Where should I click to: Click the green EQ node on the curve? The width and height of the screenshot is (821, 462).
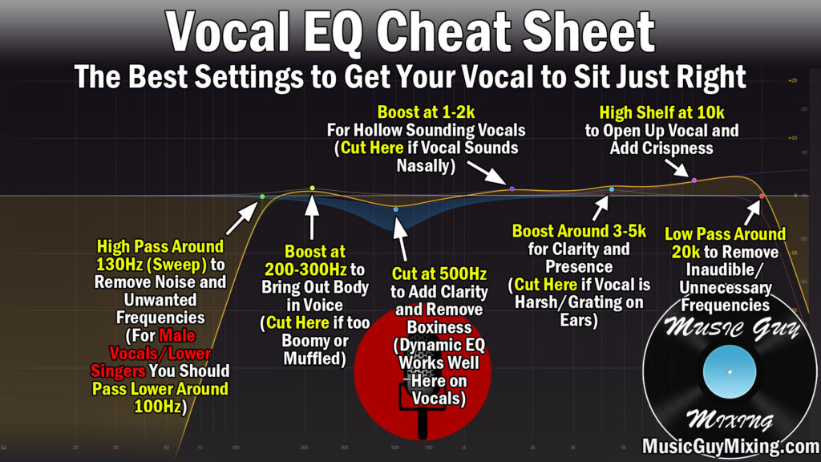pos(262,197)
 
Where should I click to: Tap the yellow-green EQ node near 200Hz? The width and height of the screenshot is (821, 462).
pos(313,188)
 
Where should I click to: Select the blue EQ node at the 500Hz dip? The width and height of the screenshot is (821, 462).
pos(395,209)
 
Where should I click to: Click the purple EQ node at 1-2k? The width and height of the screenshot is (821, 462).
pos(512,188)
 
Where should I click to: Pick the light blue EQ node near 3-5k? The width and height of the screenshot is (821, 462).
pos(612,189)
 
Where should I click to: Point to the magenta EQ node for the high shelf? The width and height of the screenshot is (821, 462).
pos(694,180)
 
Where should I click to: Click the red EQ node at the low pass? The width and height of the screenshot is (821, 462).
pos(762,196)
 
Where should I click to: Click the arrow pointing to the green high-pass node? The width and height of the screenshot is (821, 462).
pos(241,218)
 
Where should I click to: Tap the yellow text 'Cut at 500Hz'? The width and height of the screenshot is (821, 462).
pos(439,274)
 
